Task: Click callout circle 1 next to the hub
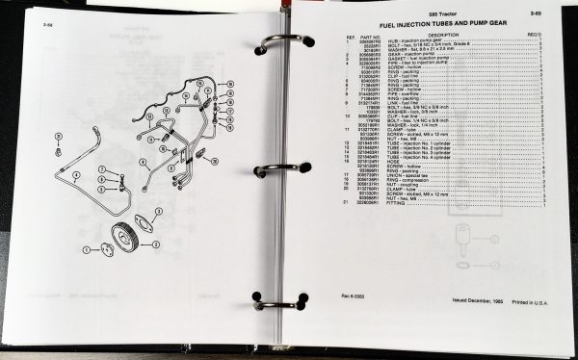[x=85, y=249]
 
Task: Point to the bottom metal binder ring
[x=276, y=300]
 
